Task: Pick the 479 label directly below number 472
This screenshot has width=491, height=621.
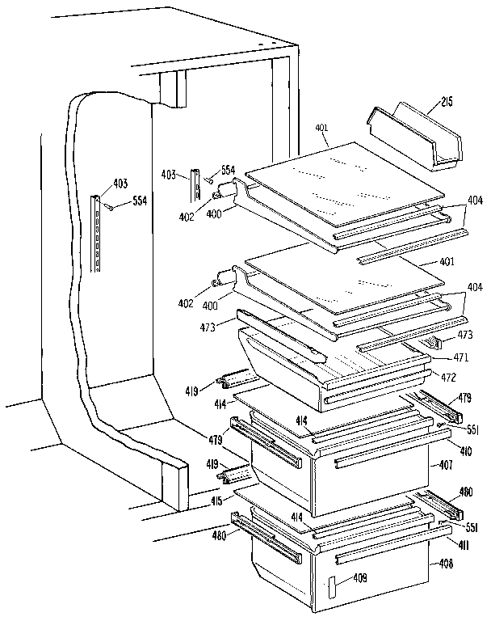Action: (465, 397)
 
